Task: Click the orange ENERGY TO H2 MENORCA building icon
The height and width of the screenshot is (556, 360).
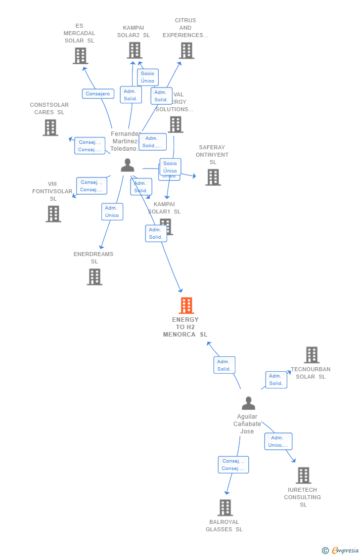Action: (x=186, y=305)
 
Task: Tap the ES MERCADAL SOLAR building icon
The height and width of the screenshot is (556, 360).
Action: (x=80, y=56)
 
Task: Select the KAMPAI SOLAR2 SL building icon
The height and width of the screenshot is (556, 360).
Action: (x=135, y=50)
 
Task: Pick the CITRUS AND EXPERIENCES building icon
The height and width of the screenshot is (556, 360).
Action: (x=186, y=50)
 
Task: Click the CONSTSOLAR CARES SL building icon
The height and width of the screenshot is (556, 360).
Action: (x=50, y=128)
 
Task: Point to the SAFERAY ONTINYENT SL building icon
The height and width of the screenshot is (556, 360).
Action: (x=213, y=177)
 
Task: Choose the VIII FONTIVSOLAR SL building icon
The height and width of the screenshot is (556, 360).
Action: (x=53, y=214)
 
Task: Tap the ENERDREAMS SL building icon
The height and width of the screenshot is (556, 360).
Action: (x=94, y=277)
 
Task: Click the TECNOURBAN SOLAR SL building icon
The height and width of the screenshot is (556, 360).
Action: (x=312, y=355)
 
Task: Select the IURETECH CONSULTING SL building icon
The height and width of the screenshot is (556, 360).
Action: (x=303, y=475)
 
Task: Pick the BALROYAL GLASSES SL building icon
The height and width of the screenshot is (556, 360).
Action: (x=225, y=508)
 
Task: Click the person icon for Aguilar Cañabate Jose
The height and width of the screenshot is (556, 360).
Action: (x=248, y=403)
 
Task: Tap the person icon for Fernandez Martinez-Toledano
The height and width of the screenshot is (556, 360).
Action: (x=128, y=165)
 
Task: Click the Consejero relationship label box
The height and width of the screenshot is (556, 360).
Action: (x=98, y=94)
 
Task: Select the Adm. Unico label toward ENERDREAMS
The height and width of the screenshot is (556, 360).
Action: (x=112, y=212)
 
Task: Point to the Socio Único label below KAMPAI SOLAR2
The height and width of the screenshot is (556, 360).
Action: (x=147, y=77)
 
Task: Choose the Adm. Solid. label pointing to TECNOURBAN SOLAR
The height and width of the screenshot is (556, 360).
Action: (x=276, y=380)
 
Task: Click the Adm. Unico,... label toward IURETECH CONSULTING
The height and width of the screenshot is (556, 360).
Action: (x=278, y=441)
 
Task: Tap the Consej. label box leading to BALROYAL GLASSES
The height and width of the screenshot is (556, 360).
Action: (x=233, y=465)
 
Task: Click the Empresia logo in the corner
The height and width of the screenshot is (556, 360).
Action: (x=341, y=551)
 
